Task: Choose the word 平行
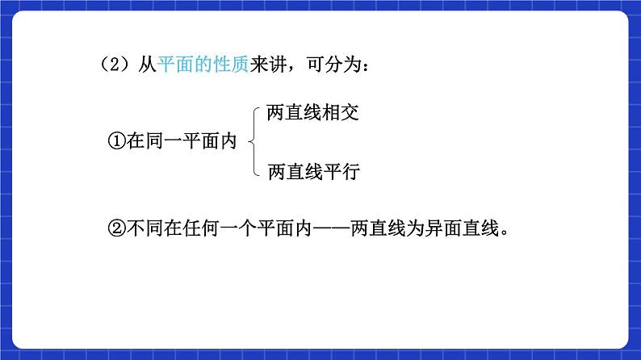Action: click(340, 171)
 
